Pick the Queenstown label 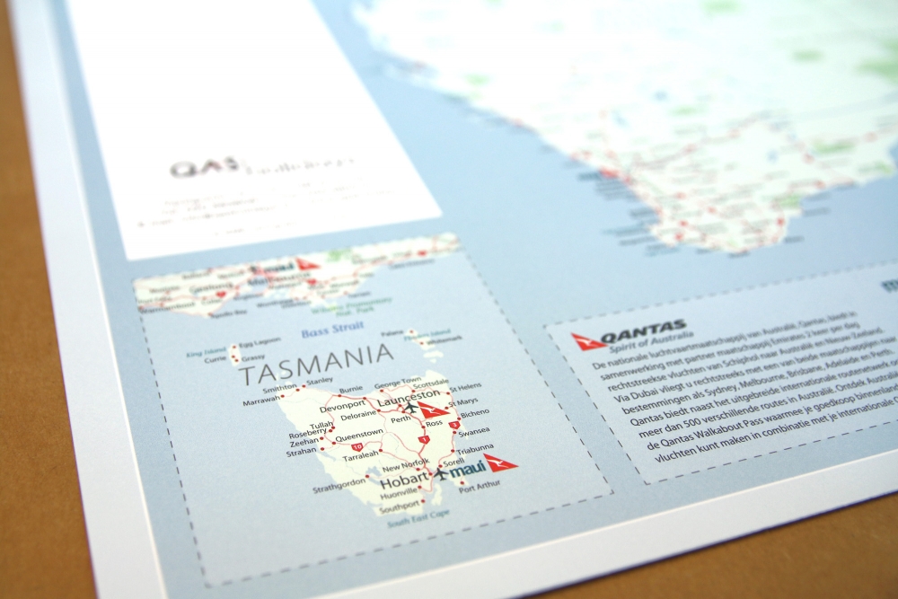pyautogui.click(x=360, y=432)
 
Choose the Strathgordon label pyautogui.click(x=339, y=489)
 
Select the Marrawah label pyautogui.click(x=261, y=402)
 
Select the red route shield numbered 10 pyautogui.click(x=357, y=446)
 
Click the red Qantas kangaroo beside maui pyautogui.click(x=499, y=463)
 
